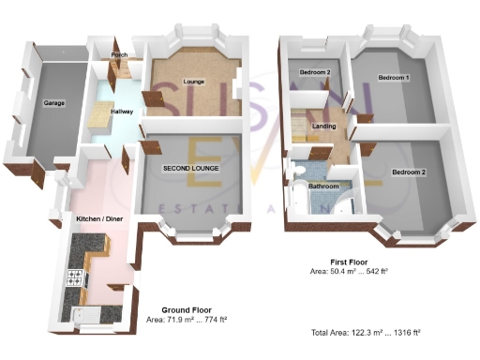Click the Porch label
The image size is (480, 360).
pyautogui.click(x=118, y=55)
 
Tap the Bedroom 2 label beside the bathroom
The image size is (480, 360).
pyautogui.click(x=409, y=173)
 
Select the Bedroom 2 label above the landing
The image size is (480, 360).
pyautogui.click(x=316, y=72)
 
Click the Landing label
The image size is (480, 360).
pyautogui.click(x=324, y=127)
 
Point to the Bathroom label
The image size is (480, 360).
pyautogui.click(x=323, y=187)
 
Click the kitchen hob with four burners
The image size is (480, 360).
pyautogui.click(x=75, y=277)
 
